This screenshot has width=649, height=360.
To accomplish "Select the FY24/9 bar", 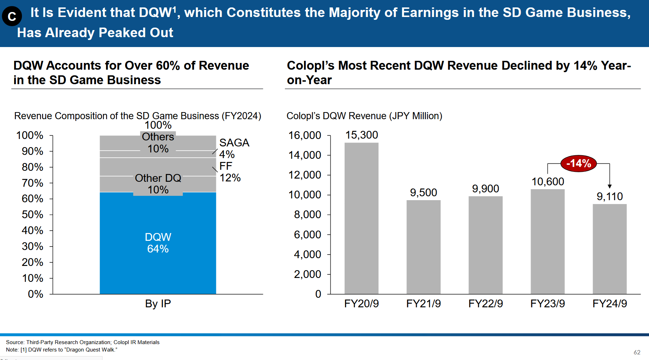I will click(609, 249).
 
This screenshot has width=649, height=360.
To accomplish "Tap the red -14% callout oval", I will click(578, 163).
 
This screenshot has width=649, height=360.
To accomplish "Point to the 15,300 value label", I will click(361, 135).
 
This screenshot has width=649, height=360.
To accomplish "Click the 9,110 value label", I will click(609, 196).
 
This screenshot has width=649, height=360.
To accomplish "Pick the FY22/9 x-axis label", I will click(485, 303).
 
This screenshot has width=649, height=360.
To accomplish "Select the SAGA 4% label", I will click(234, 149).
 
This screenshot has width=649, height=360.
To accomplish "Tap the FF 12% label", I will click(229, 172).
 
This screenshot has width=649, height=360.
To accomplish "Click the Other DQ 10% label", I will click(158, 184).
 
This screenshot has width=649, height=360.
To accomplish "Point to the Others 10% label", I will click(158, 143).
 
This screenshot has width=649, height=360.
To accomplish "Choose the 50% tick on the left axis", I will click(33, 215).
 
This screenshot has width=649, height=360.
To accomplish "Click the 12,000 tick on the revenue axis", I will click(305, 175).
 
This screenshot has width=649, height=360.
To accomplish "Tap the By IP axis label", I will click(158, 303).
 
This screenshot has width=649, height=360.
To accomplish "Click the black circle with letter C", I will click(12, 16).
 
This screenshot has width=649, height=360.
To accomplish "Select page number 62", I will click(637, 352).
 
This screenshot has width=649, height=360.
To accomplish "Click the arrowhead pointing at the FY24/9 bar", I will click(609, 186).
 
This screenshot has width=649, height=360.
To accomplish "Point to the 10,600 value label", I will click(548, 181).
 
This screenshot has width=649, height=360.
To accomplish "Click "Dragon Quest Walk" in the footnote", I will click(91, 350).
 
